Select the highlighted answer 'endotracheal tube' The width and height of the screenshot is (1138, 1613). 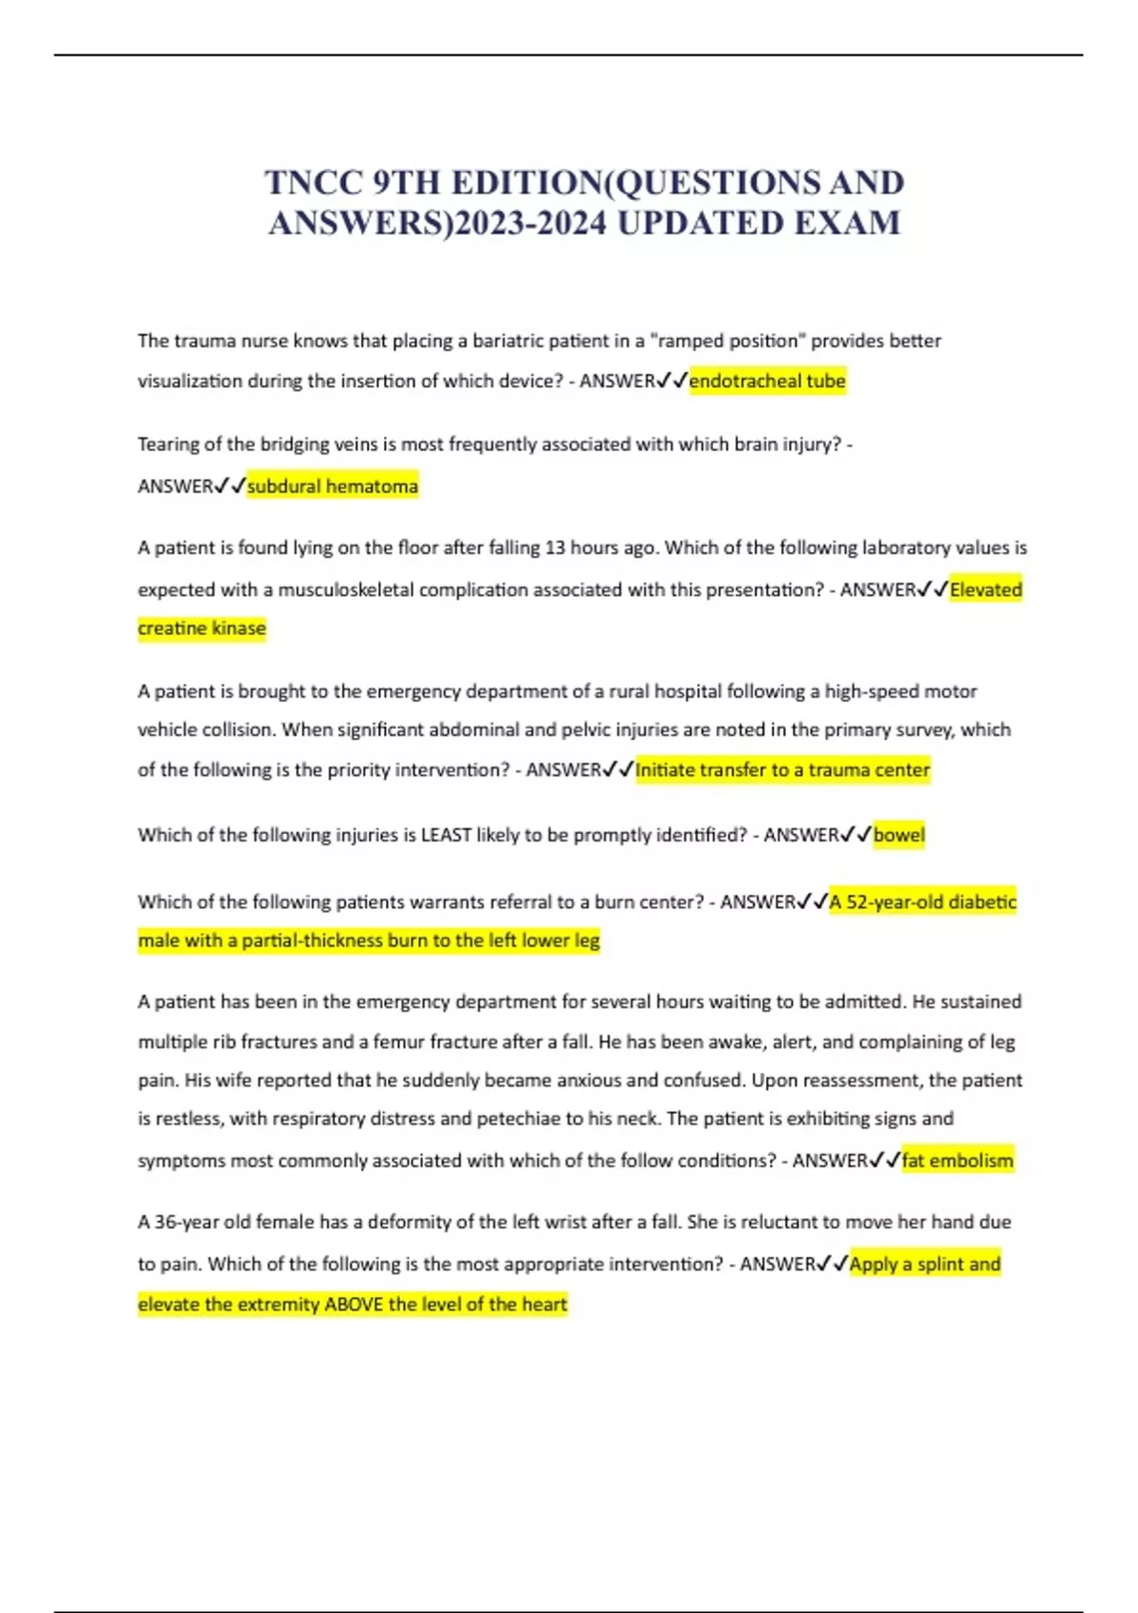pos(767,381)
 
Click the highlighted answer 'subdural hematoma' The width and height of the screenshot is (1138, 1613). pos(332,487)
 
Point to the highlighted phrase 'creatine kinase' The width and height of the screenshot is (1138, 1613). pos(202,628)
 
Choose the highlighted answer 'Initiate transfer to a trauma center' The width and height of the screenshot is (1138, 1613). pos(782,769)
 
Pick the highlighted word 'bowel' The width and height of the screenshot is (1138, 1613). pos(898,835)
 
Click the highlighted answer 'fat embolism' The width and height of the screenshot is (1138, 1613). pos(957,1160)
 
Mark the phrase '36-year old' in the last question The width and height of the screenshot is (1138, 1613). pos(202,1222)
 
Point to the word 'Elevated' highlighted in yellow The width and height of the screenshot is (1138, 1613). pos(986,590)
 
